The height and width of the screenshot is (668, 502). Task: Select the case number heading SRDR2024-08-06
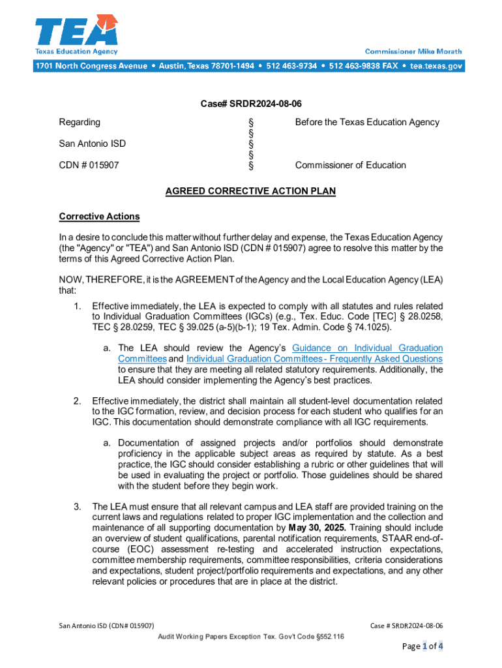click(250, 104)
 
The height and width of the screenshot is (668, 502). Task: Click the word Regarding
click(80, 122)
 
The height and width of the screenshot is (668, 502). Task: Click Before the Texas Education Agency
click(367, 122)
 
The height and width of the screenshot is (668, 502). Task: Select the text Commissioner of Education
click(350, 165)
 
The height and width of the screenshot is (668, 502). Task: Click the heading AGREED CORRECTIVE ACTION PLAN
click(250, 191)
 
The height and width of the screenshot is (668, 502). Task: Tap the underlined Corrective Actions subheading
click(99, 217)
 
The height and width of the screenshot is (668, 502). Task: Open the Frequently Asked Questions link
click(314, 359)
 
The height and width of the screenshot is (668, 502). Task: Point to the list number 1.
click(77, 306)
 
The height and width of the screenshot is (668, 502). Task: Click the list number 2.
click(77, 401)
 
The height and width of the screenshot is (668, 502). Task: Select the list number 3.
click(77, 506)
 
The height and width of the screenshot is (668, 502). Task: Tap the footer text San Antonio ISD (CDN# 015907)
click(106, 626)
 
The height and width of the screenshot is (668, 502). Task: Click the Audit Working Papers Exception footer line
click(251, 636)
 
